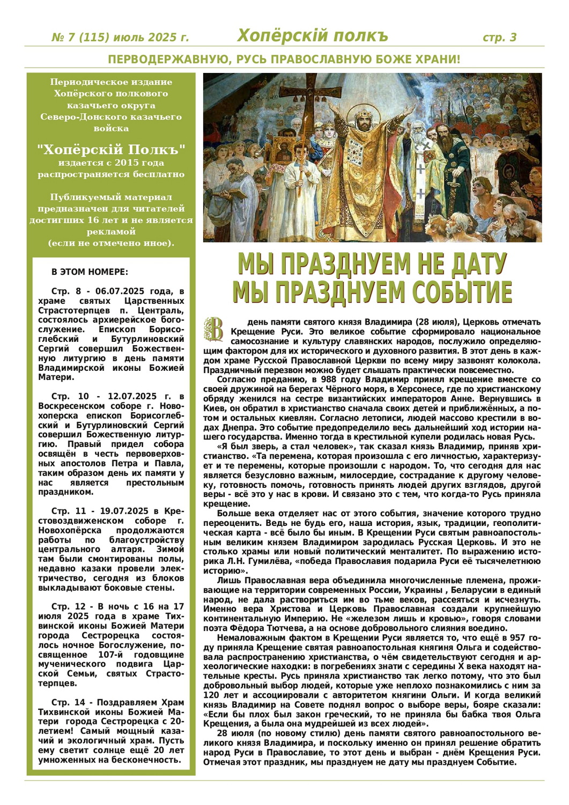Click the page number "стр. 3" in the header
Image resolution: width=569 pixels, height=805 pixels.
click(x=499, y=38)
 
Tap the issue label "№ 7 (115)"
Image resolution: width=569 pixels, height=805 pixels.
click(x=80, y=38)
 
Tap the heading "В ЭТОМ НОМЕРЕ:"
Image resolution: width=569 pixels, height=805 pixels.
click(x=90, y=272)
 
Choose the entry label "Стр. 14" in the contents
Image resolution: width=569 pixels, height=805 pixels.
click(x=68, y=702)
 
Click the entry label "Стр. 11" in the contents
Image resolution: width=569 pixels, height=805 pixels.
click(x=68, y=511)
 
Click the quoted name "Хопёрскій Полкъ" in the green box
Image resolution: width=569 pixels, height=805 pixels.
click(x=112, y=149)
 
